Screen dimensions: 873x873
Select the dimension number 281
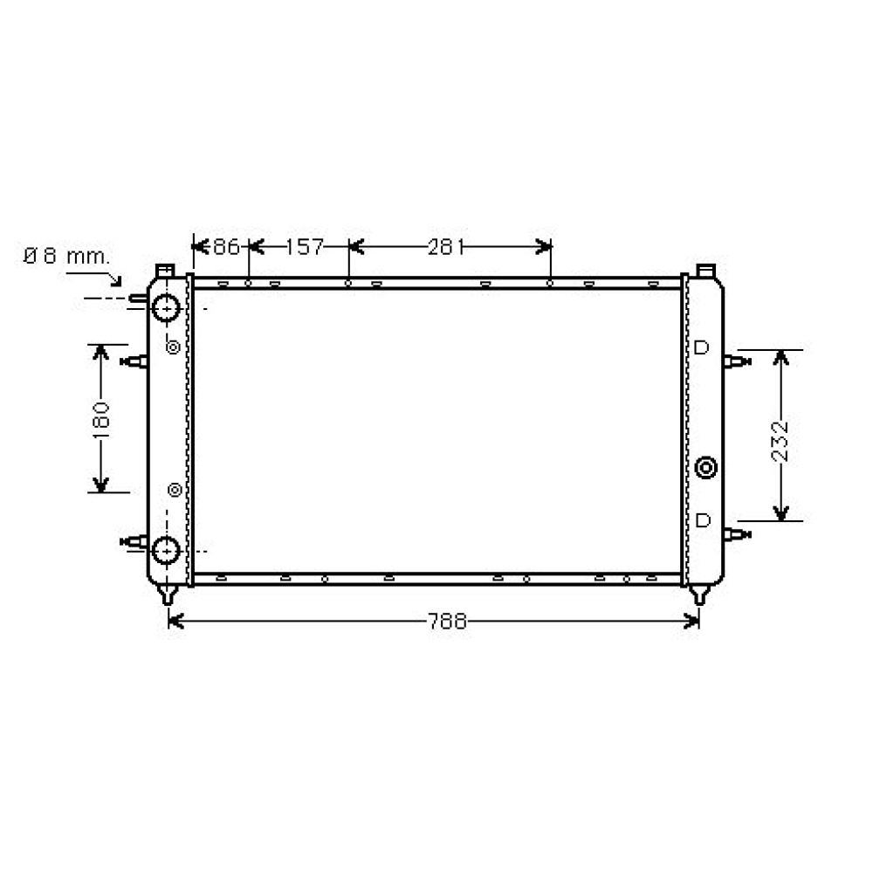(444, 247)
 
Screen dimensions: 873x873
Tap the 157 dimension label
(305, 247)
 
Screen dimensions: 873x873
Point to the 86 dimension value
(225, 247)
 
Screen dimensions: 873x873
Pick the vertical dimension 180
(101, 418)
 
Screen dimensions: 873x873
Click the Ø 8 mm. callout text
(66, 257)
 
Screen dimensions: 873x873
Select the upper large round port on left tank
(165, 307)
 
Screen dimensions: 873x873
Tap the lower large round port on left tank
(165, 550)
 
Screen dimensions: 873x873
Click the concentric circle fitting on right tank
(706, 468)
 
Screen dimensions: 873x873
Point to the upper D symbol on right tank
(701, 348)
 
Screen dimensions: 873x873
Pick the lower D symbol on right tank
(702, 520)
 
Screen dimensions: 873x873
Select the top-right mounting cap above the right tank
(706, 269)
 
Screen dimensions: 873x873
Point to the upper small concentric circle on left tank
(173, 347)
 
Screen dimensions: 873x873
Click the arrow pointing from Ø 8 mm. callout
(112, 277)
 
